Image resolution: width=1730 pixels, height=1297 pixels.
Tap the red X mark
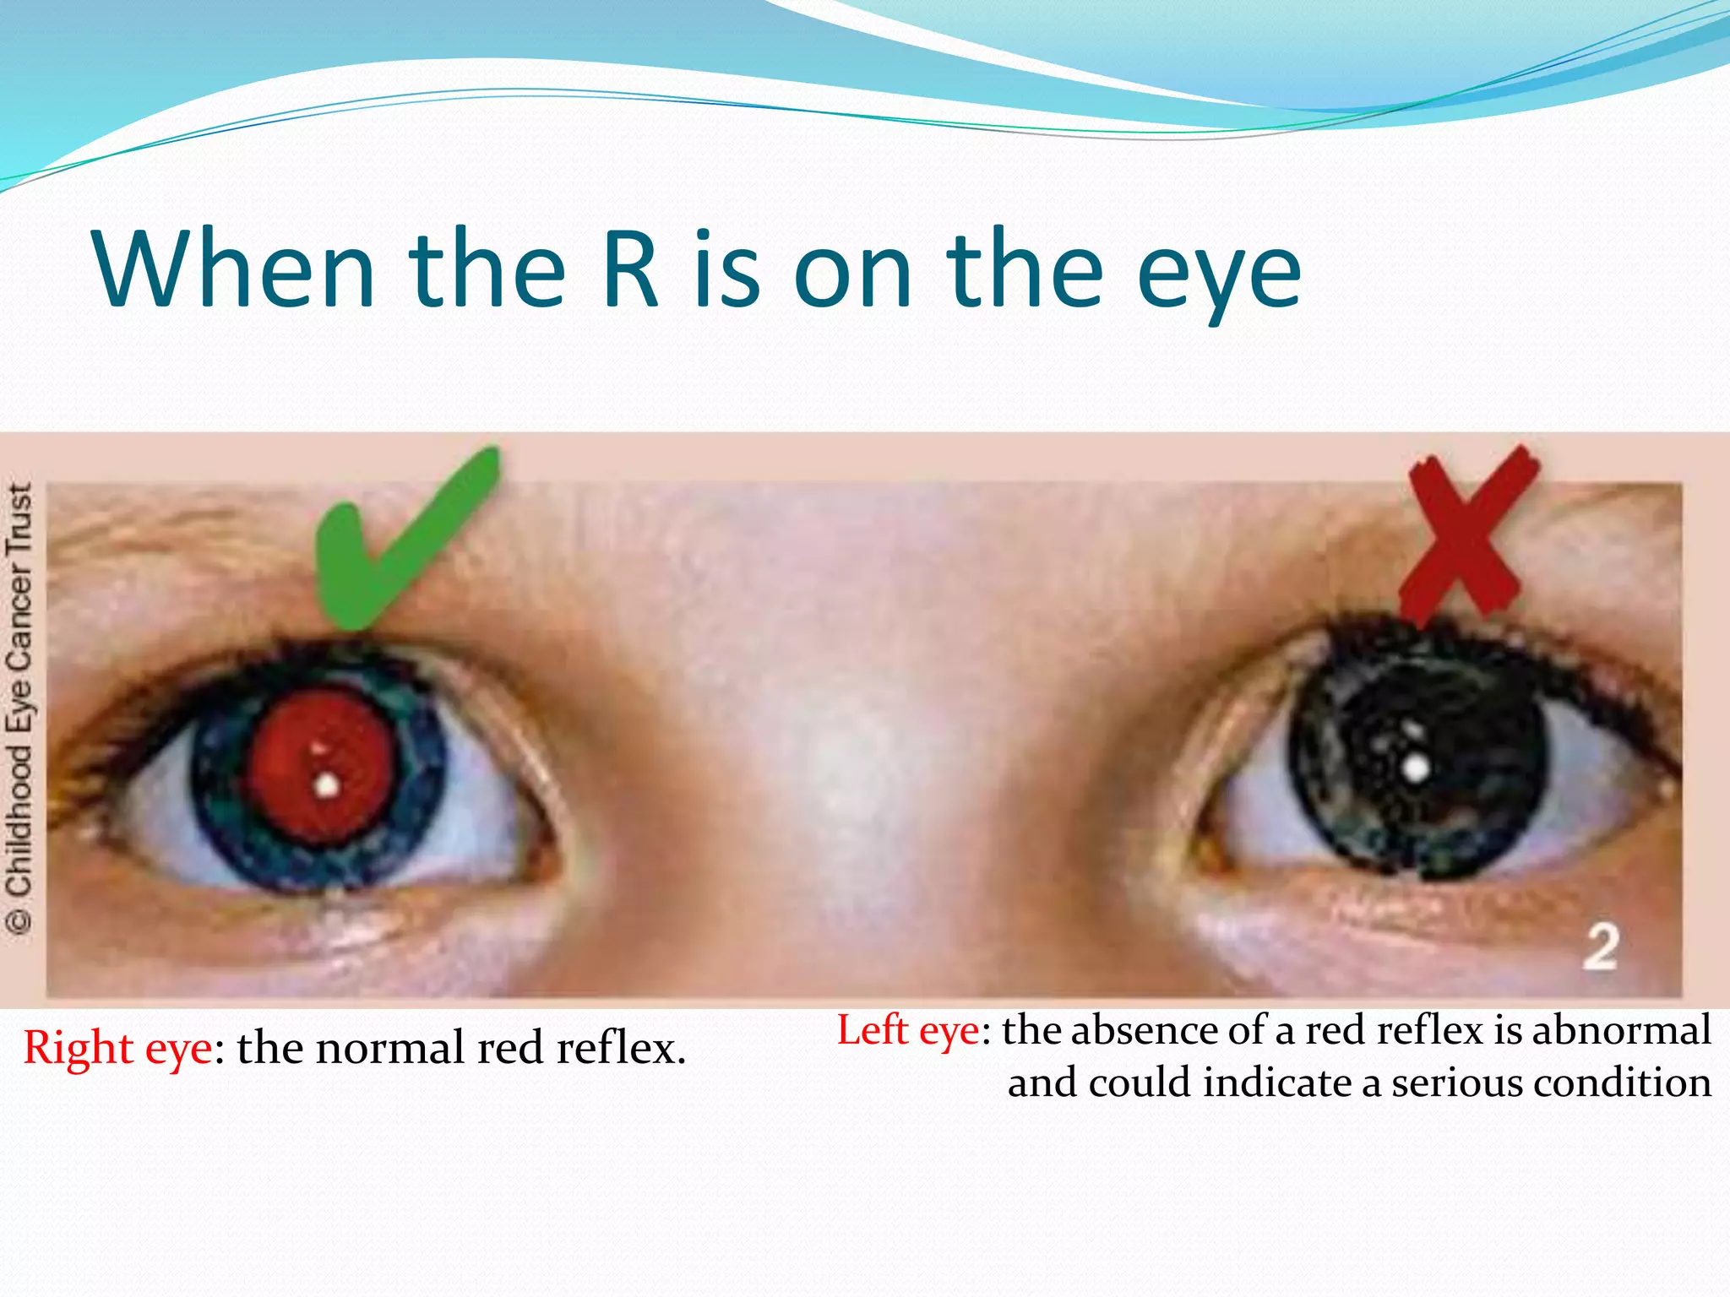1467,535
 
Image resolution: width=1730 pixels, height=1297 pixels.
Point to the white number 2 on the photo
1601,947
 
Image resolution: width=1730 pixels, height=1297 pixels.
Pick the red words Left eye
908,1031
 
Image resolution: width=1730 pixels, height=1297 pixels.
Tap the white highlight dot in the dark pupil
1416,768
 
